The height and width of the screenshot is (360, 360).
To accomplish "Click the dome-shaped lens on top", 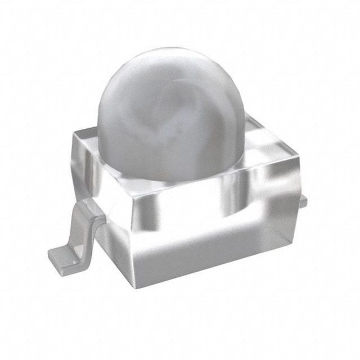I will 172,112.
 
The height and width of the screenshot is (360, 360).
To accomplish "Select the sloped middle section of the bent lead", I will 80,231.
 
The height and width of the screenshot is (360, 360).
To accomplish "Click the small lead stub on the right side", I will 303,201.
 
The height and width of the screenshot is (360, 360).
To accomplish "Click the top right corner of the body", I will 299,159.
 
